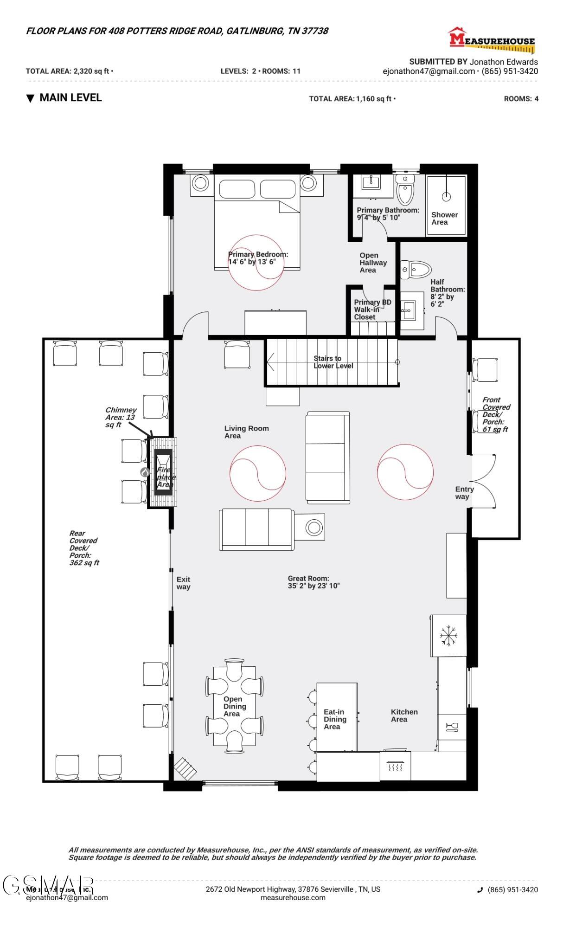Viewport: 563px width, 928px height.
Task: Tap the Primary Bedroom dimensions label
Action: [257, 258]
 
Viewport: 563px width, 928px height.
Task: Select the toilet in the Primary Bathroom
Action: [405, 190]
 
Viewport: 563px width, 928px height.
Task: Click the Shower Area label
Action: [444, 218]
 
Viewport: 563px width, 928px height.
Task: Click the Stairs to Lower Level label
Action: [333, 362]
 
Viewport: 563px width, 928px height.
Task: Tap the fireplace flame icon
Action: [145, 472]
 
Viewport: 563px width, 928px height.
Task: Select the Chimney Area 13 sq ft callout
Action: [121, 417]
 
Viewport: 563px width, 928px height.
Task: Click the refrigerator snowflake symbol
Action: [448, 636]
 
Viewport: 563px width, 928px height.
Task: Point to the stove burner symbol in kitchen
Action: [395, 767]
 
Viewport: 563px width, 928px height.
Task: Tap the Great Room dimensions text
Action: [313, 582]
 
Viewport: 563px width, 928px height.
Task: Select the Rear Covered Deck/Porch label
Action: [84, 548]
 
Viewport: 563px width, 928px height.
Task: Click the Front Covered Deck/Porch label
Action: [495, 414]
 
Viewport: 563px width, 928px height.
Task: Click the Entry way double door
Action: [483, 482]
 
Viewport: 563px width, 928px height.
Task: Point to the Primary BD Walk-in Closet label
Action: [372, 309]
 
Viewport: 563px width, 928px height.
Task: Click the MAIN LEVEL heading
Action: [70, 98]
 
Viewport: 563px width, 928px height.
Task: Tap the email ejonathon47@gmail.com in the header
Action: [429, 71]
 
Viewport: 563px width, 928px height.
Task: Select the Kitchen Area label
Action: [404, 715]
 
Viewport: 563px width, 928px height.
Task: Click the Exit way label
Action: [183, 583]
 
